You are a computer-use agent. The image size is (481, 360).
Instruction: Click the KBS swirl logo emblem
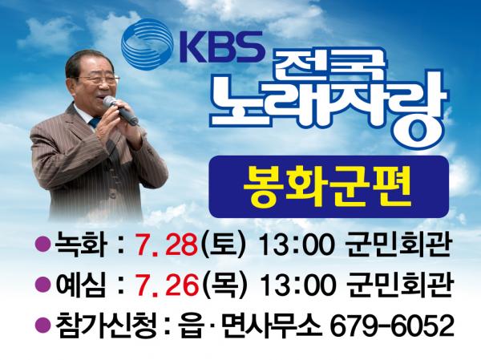pyautogui.click(x=147, y=45)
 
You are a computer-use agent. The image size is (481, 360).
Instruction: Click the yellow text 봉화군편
pyautogui.click(x=327, y=187)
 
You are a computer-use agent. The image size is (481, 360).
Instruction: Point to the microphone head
pyautogui.click(x=111, y=102)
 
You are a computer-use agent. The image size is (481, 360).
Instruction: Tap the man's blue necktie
pyautogui.click(x=95, y=123)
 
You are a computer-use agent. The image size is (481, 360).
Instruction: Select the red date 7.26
pyautogui.click(x=168, y=285)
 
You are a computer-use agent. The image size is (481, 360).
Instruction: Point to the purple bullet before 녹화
pyautogui.click(x=42, y=245)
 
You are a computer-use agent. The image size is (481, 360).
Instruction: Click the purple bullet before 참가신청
pyautogui.click(x=42, y=325)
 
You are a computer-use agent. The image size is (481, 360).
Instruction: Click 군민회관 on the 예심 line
pyautogui.click(x=399, y=285)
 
